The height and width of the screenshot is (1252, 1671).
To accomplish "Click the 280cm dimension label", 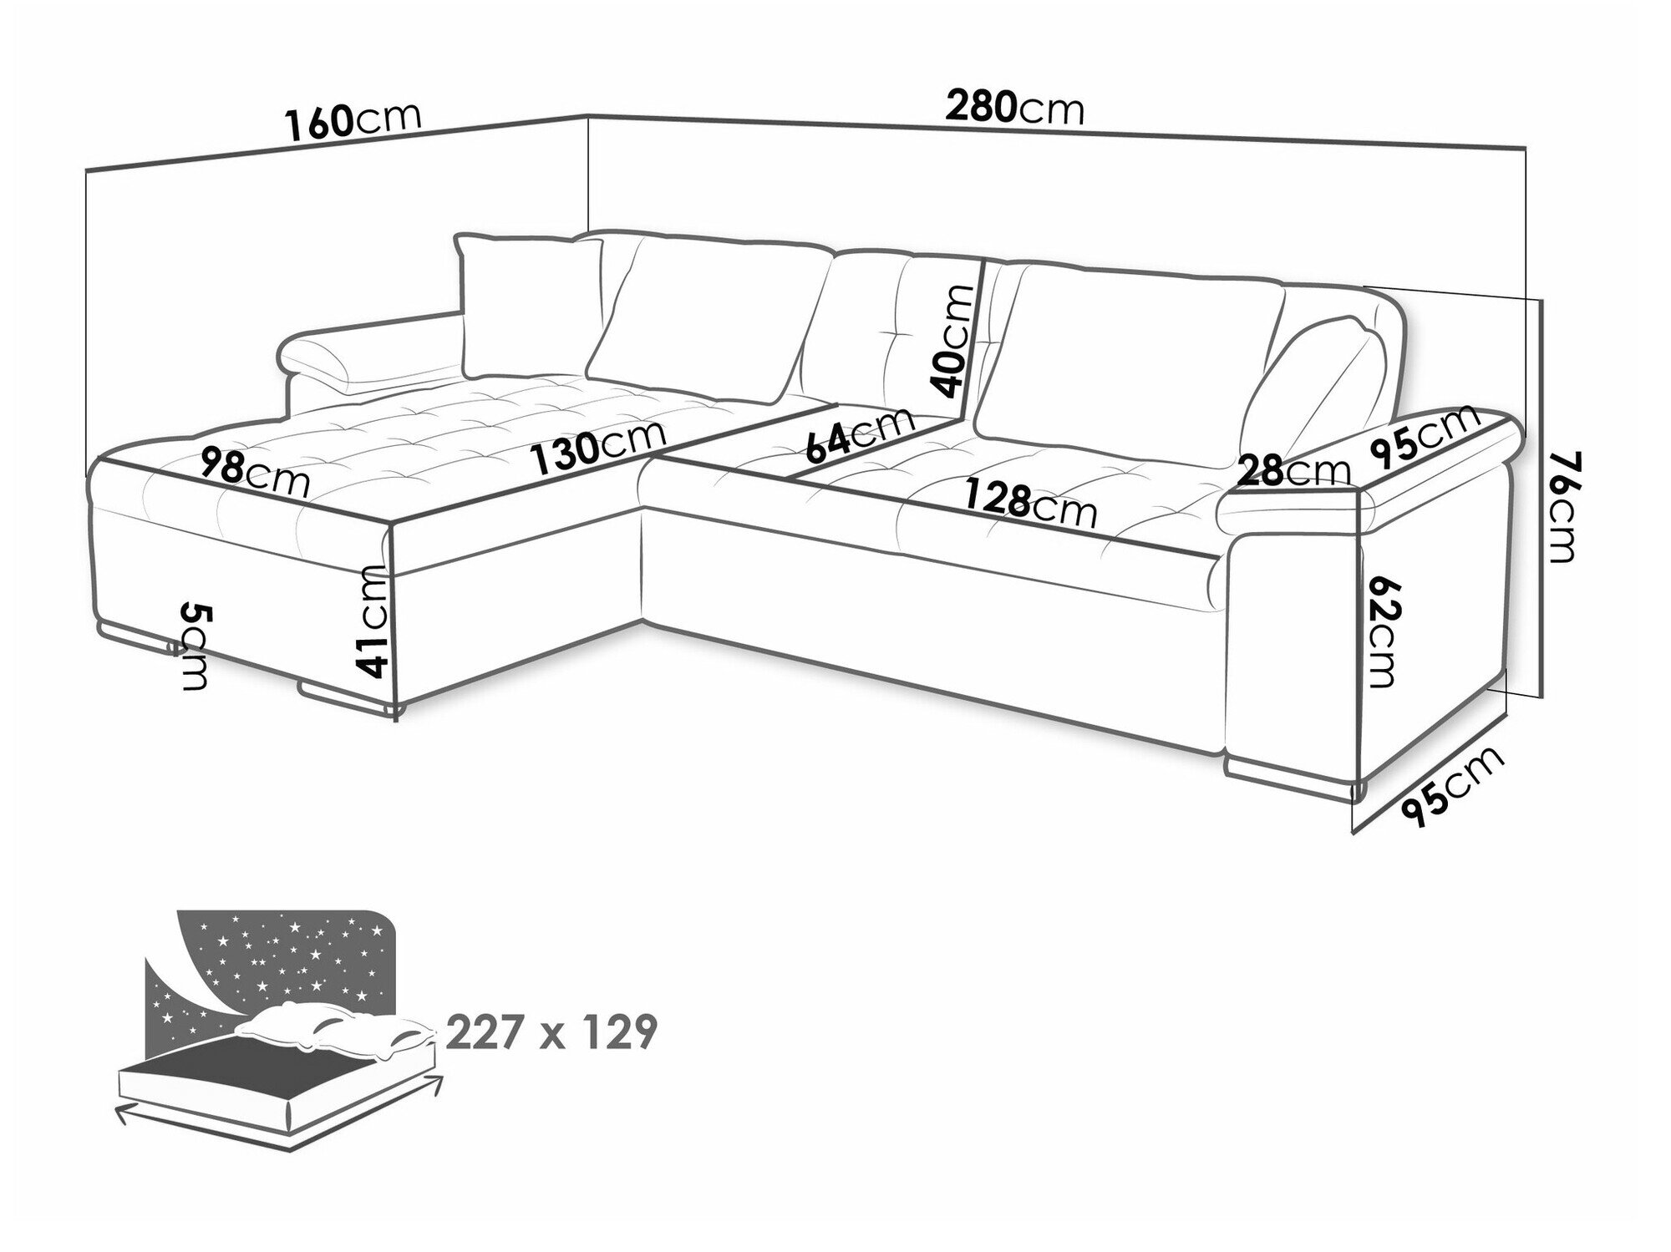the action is coord(1014,108).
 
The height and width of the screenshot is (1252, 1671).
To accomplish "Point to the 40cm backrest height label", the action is coord(952,340).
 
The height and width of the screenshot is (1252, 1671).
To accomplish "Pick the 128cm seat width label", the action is coord(1030,502).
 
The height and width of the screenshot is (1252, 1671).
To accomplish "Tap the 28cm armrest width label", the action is coord(1293,471).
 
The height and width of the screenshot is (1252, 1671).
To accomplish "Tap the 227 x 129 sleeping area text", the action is coord(552,1033).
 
